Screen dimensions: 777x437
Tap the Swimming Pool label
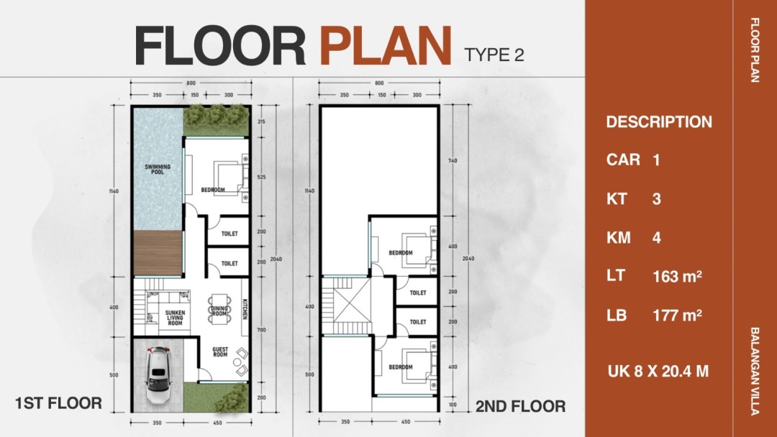click(158, 169)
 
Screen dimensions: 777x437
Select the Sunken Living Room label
click(175, 318)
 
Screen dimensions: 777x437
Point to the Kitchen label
click(245, 309)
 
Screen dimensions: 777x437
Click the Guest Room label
click(221, 352)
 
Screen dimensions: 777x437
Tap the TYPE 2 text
click(494, 55)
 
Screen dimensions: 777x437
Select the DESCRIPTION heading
click(659, 121)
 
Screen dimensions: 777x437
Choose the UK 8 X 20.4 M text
click(658, 371)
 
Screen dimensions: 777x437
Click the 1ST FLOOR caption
click(58, 403)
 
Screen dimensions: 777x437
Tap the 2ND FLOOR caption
click(520, 406)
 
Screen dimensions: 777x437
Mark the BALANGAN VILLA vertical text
click(754, 371)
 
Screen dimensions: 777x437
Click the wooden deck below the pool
click(158, 253)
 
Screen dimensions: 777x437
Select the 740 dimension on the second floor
click(453, 161)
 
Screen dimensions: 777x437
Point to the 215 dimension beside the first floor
click(262, 121)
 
